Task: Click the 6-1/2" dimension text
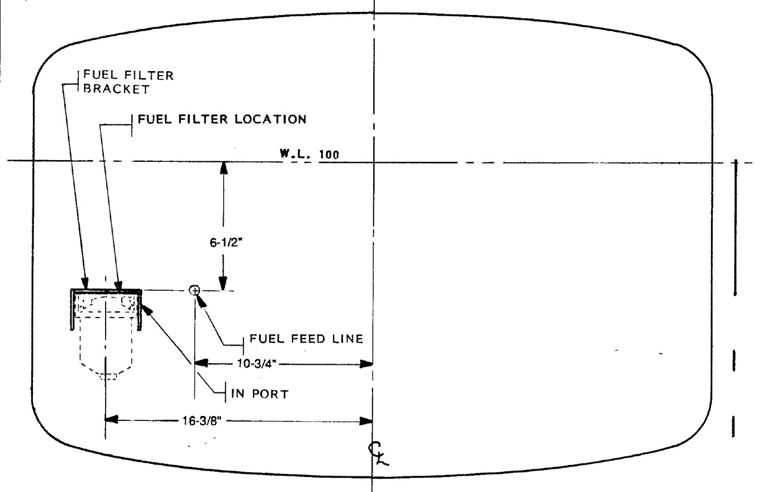pos(226,242)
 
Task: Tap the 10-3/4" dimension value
pos(257,364)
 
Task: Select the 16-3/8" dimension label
pos(202,421)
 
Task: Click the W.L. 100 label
pos(309,154)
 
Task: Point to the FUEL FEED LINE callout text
pos(306,339)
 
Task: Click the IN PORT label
pos(260,393)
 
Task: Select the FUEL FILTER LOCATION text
pos(222,119)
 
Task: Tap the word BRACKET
pos(116,89)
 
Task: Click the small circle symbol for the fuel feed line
pos(195,290)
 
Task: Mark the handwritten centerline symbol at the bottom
pos(378,454)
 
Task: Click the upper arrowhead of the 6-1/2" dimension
pos(223,168)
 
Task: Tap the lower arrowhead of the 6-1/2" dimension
pos(223,283)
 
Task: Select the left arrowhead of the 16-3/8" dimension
pos(112,419)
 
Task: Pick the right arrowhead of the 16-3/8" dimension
pos(366,422)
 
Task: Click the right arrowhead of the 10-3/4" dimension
pos(366,364)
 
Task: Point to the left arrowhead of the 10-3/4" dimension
pos(201,362)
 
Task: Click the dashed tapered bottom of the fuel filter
pos(106,370)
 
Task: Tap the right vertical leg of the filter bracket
pos(140,310)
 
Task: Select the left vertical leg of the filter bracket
pos(72,310)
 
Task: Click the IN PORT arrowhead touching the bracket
pos(147,309)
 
